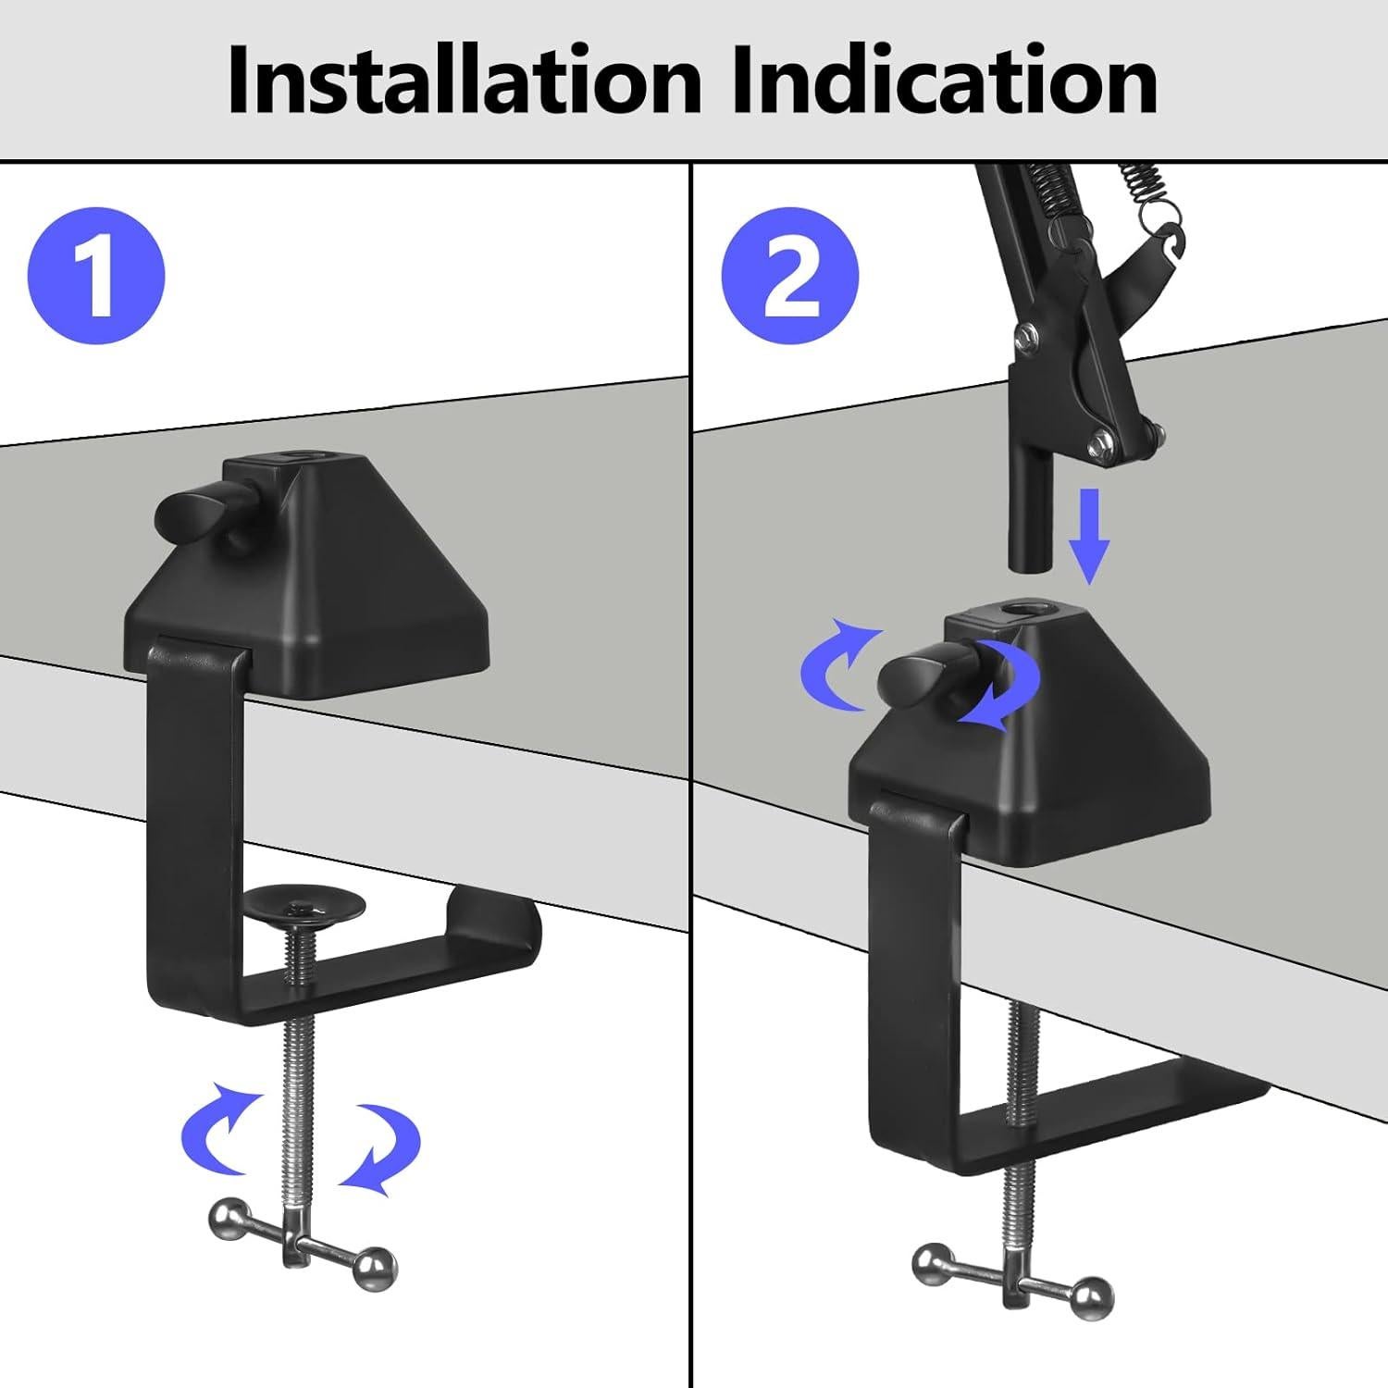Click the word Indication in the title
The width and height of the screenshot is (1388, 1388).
944,81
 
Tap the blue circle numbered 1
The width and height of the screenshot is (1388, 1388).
96,276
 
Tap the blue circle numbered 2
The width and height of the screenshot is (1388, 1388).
790,276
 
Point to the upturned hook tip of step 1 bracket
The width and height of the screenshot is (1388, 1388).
495,911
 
